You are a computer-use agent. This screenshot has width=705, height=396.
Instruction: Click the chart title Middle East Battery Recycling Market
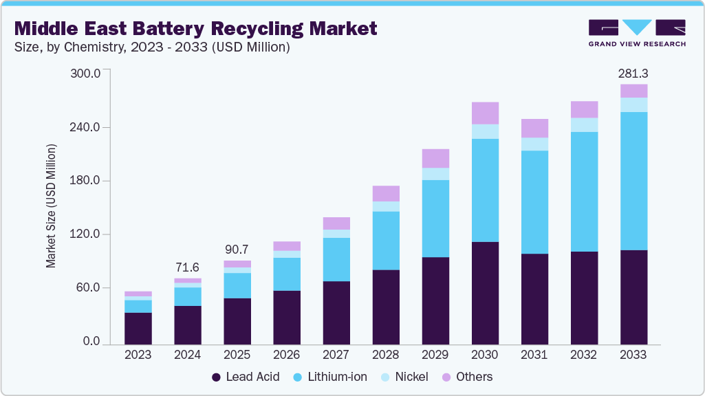click(x=195, y=28)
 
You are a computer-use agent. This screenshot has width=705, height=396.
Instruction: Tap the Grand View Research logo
click(x=636, y=32)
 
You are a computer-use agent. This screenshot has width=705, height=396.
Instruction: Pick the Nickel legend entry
click(x=406, y=377)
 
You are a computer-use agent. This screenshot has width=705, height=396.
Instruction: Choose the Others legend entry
click(x=468, y=377)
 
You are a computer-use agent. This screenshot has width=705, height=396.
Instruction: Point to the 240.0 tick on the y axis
click(x=86, y=127)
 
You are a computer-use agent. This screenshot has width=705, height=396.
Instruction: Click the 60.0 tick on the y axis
click(x=89, y=287)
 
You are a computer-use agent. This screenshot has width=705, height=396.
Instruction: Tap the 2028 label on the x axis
click(x=386, y=355)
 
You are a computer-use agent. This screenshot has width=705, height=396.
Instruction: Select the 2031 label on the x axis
click(x=534, y=355)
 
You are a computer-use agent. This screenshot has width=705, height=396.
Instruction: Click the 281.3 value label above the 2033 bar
click(x=633, y=73)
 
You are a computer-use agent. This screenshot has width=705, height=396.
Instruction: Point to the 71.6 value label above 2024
click(x=188, y=266)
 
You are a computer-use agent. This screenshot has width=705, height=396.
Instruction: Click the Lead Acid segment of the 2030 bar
click(x=485, y=293)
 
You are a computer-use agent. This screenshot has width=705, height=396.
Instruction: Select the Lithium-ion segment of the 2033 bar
click(x=633, y=181)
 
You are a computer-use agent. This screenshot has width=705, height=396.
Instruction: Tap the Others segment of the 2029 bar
click(x=435, y=158)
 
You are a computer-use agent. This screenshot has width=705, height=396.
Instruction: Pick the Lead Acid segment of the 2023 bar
click(x=138, y=328)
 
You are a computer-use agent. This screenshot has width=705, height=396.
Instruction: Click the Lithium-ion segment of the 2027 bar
click(x=336, y=259)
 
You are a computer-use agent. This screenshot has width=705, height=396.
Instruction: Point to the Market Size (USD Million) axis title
click(x=51, y=206)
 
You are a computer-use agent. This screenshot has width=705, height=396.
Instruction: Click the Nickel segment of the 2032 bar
click(x=584, y=124)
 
